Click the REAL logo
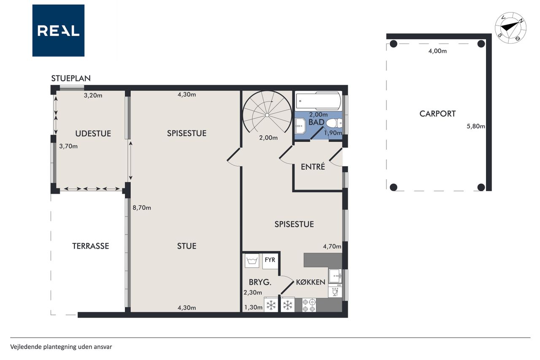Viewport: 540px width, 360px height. (x=58, y=31)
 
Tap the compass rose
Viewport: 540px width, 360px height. (x=510, y=28)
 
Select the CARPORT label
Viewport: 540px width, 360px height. (x=437, y=114)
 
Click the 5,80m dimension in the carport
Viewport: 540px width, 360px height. (x=475, y=126)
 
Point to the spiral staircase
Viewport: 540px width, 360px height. (x=267, y=112)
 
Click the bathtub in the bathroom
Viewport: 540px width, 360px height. (x=319, y=101)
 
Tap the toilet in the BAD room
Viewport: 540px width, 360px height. (x=335, y=123)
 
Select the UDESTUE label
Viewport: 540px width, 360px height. (x=93, y=134)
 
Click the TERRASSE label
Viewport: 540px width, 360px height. (x=91, y=246)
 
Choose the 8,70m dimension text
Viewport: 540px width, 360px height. (x=142, y=208)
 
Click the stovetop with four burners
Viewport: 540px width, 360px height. (x=309, y=305)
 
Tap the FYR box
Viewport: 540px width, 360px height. (x=270, y=261)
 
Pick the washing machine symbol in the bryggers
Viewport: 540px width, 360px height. (x=252, y=261)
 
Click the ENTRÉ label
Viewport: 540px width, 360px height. (x=313, y=167)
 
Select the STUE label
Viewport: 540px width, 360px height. (x=186, y=246)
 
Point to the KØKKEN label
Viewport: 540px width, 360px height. (x=310, y=282)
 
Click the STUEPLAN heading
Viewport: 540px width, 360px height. (x=71, y=78)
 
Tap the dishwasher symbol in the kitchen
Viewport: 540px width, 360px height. (x=335, y=290)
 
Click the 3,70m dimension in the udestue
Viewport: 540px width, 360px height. (x=68, y=146)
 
